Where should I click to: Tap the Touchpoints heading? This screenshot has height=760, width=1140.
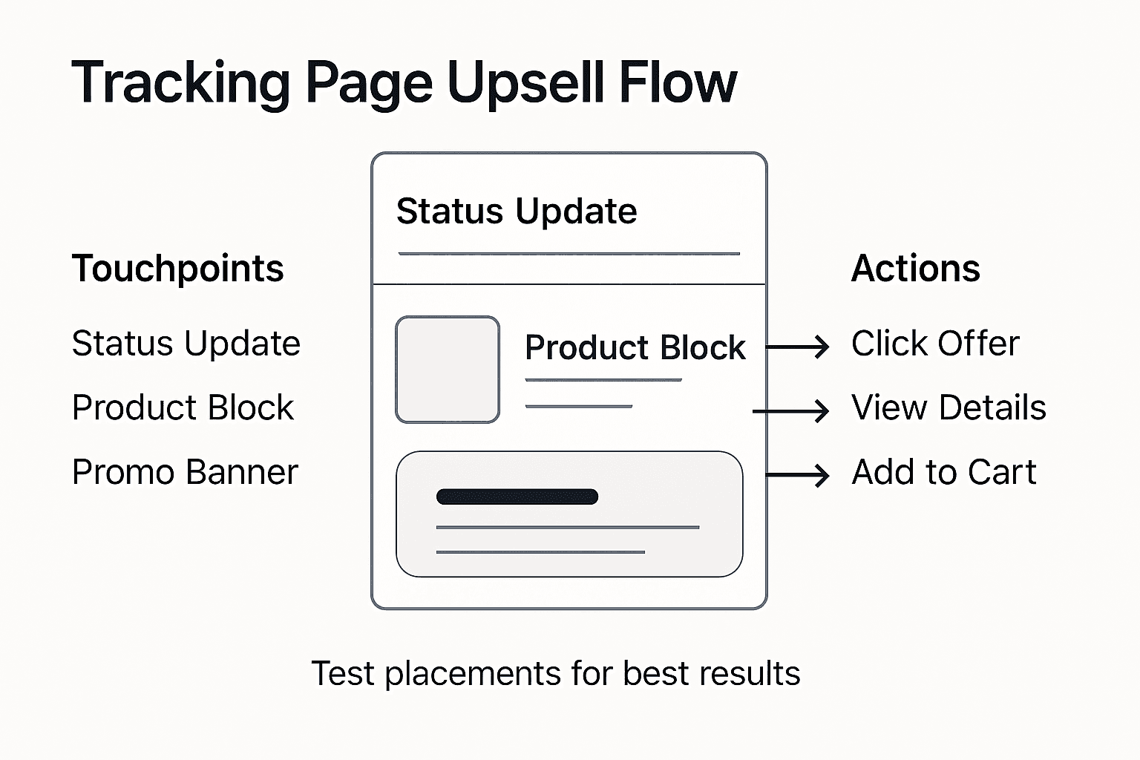pyautogui.click(x=177, y=269)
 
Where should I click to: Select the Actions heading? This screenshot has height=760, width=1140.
pyautogui.click(x=915, y=269)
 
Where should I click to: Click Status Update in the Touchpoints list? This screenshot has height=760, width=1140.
pyautogui.click(x=186, y=344)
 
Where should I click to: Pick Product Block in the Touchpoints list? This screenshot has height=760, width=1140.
pyautogui.click(x=183, y=407)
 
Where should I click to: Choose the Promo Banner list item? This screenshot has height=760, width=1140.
pyautogui.click(x=185, y=472)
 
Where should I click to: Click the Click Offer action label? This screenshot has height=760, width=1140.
pyautogui.click(x=935, y=344)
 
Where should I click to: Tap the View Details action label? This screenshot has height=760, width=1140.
pyautogui.click(x=949, y=407)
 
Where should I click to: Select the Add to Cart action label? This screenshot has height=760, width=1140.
pyautogui.click(x=943, y=472)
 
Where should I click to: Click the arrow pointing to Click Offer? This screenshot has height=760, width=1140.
pyautogui.click(x=798, y=347)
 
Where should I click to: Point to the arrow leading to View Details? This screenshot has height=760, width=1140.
pyautogui.click(x=791, y=410)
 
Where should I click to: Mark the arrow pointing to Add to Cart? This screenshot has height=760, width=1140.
pyautogui.click(x=798, y=475)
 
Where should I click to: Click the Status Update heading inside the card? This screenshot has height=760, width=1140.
pyautogui.click(x=517, y=212)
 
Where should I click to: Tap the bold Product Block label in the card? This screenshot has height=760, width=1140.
pyautogui.click(x=635, y=347)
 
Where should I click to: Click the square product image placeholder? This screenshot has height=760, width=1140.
pyautogui.click(x=448, y=370)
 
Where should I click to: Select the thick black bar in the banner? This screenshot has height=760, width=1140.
pyautogui.click(x=517, y=497)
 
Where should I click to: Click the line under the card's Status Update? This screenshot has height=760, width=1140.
pyautogui.click(x=569, y=254)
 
